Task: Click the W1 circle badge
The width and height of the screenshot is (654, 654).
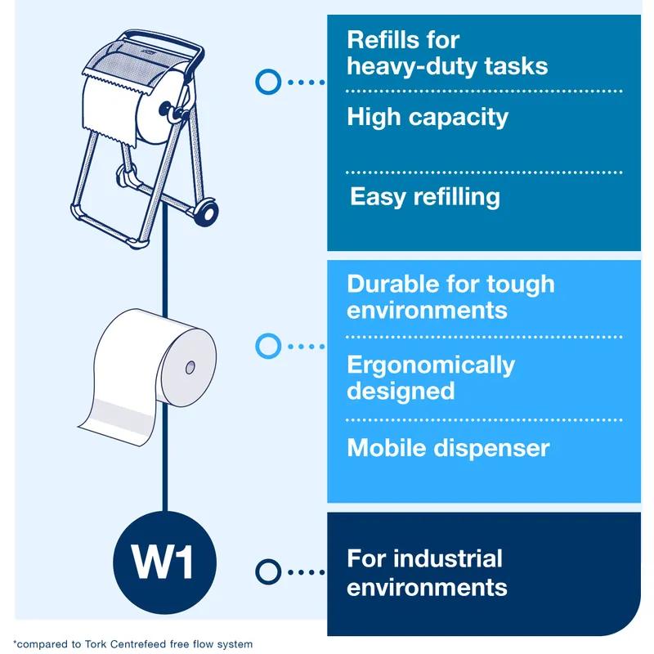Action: [x=165, y=562]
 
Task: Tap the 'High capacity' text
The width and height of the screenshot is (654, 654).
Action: [x=428, y=117]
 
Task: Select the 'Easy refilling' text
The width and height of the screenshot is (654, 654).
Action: [x=425, y=197]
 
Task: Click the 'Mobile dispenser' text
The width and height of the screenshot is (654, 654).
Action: [x=448, y=448]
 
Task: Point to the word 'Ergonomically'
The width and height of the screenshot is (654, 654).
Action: [x=431, y=365]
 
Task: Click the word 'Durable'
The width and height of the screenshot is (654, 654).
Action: [x=392, y=284]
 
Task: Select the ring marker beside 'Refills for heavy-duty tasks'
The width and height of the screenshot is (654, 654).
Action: [x=268, y=82]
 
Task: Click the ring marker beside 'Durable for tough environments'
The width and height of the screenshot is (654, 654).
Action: [x=268, y=346]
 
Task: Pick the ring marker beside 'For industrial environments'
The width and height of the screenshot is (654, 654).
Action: [x=268, y=571]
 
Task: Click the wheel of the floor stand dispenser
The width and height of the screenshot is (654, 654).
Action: [x=207, y=213]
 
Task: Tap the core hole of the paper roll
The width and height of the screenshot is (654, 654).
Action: [x=190, y=367]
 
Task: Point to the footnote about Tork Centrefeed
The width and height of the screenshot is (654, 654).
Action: [x=132, y=644]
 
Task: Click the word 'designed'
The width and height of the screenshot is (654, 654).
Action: [x=401, y=392]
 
